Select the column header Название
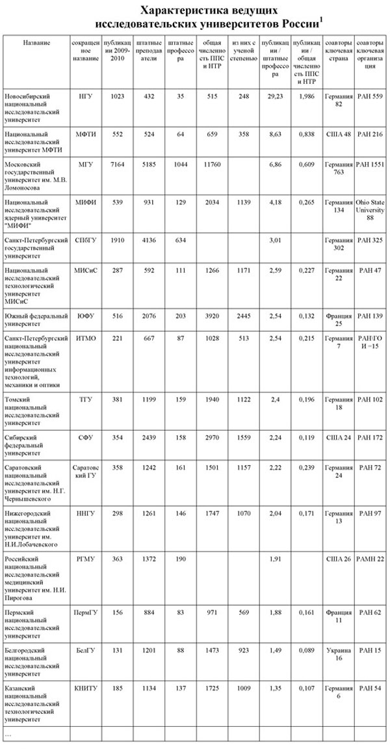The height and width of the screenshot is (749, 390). (36, 42)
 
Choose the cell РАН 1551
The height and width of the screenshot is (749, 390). (370, 165)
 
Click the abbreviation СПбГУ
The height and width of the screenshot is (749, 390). (85, 241)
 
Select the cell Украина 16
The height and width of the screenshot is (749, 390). (339, 653)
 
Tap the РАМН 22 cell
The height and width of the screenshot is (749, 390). (370, 559)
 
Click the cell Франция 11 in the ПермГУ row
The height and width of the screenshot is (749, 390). (339, 616)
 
